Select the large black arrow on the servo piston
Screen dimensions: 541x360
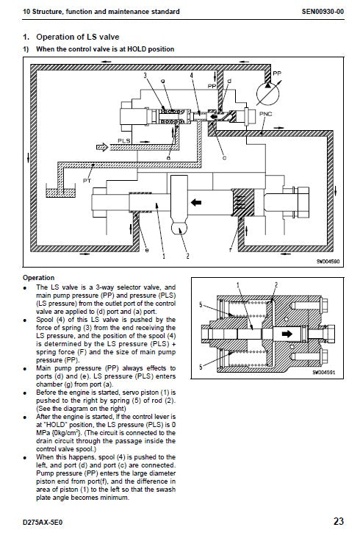[x=196, y=201]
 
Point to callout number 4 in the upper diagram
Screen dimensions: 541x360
[x=191, y=76]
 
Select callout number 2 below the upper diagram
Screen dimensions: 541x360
[x=188, y=256]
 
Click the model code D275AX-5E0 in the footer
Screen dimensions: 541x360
[x=45, y=523]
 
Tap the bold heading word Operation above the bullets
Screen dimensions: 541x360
[x=39, y=278]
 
